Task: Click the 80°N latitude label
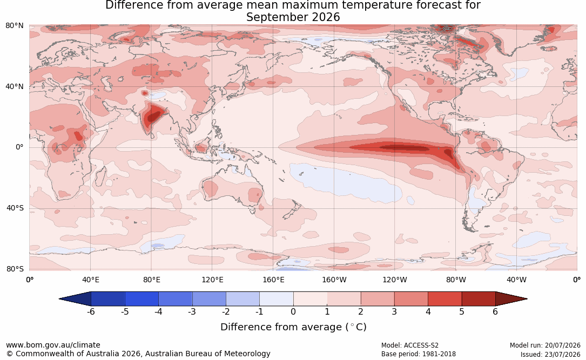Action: pos(14,26)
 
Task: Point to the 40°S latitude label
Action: pos(15,208)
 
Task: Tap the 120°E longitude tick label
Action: pos(212,280)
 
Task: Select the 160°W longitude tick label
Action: pos(334,280)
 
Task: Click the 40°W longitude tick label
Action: pos(516,280)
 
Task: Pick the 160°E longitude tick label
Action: pos(273,280)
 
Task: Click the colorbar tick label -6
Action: pos(91,311)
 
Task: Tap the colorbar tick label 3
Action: pos(394,311)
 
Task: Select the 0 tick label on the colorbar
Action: pos(293,311)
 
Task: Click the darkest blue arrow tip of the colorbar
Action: pos(60,299)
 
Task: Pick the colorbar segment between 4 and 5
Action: pos(444,299)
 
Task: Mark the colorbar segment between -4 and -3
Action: pos(176,299)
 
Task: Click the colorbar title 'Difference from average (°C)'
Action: pos(293,327)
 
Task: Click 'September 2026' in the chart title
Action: pos(293,17)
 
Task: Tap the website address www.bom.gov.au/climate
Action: pos(53,345)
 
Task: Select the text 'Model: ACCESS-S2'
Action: pos(409,345)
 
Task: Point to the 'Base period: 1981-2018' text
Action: pos(419,354)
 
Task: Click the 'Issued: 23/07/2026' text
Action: pos(550,354)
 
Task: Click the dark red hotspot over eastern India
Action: pos(153,117)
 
